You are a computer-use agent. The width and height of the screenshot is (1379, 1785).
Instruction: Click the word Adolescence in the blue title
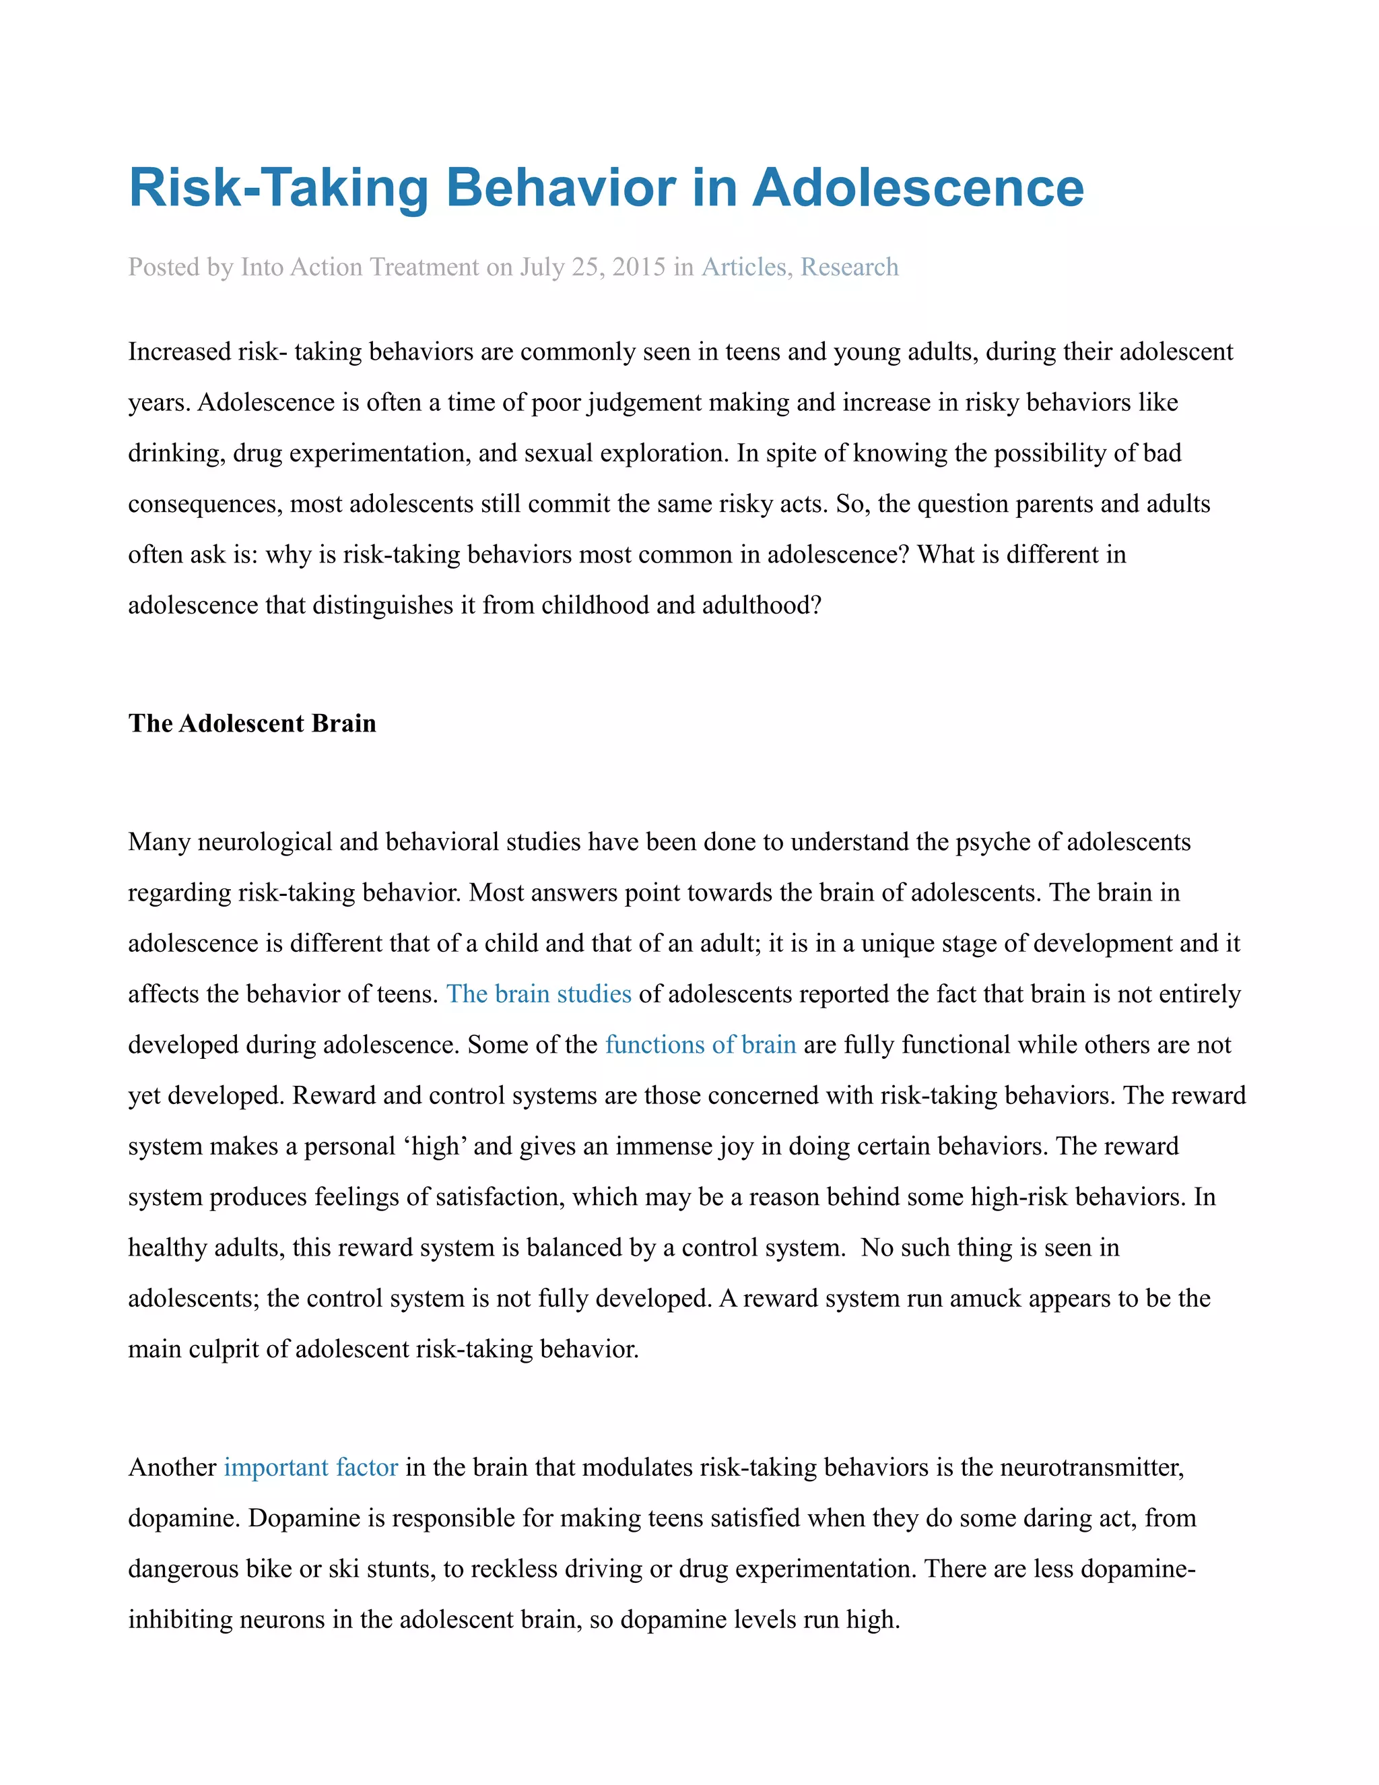tap(918, 188)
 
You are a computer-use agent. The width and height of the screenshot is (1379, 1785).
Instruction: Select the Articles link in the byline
tap(743, 267)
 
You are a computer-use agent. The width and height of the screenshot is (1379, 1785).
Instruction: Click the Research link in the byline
tap(849, 267)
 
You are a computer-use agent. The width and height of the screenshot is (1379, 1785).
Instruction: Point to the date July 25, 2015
tap(593, 267)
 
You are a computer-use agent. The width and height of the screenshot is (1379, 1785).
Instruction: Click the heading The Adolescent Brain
tap(252, 723)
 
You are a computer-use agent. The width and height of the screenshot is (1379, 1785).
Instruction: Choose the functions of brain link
tap(700, 1045)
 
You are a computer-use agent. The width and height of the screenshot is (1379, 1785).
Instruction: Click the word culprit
tap(223, 1349)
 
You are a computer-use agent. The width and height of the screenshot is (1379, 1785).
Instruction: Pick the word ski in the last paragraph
tap(343, 1569)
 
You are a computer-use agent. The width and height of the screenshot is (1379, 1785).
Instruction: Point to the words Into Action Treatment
tap(360, 267)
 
